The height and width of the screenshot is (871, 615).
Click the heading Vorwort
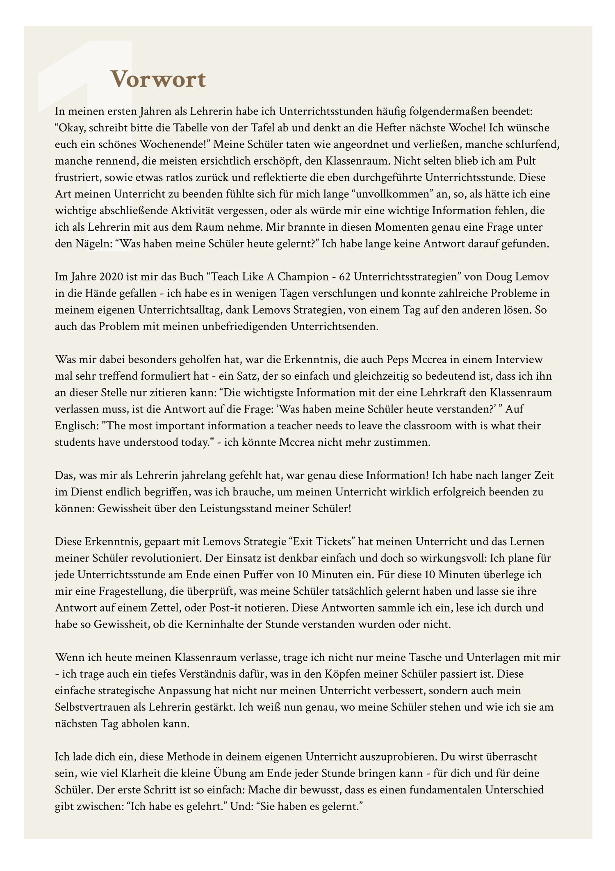[x=158, y=79]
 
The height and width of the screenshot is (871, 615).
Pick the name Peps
[x=398, y=360]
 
